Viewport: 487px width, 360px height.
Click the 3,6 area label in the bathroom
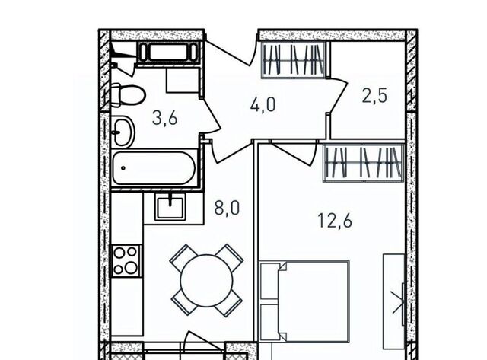[164, 118]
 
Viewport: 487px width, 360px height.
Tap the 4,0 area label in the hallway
[263, 104]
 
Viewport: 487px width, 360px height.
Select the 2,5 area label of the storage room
[374, 95]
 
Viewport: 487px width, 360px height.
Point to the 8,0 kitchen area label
[227, 208]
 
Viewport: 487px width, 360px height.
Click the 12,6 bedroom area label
[335, 221]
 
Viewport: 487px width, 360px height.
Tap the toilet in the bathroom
[128, 95]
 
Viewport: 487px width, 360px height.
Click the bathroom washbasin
[123, 132]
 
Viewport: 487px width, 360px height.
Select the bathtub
[154, 168]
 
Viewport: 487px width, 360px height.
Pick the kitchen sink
[170, 207]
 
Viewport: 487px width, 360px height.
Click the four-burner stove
[126, 260]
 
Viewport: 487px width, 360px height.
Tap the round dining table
[206, 280]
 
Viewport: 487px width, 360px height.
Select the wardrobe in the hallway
[293, 59]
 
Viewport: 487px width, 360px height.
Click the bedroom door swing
[294, 153]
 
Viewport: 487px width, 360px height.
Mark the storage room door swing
[338, 95]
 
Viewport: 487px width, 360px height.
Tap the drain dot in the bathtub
[123, 168]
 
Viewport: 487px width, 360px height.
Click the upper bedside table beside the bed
[269, 281]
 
